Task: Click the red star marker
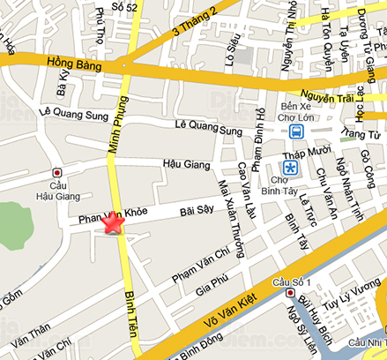pos(112,223)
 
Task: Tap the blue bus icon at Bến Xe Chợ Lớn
pos(296,132)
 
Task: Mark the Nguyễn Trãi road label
pos(329,94)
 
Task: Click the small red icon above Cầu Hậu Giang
pos(57,172)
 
